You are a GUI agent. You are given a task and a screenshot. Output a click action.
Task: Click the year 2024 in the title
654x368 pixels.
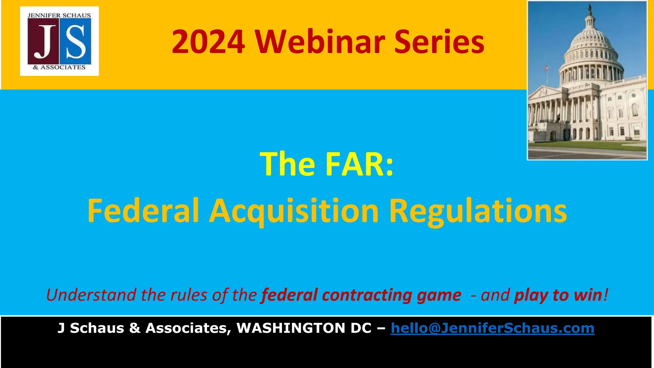[208, 42]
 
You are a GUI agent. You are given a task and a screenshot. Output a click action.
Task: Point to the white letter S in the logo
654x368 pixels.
[75, 42]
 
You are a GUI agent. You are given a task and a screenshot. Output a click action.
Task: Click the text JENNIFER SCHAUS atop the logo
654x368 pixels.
[59, 15]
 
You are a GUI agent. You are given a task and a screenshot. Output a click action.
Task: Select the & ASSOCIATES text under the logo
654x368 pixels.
[59, 67]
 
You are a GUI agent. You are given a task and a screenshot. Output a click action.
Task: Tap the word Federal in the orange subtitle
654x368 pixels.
[143, 211]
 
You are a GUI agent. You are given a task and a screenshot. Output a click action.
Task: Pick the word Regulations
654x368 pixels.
[478, 211]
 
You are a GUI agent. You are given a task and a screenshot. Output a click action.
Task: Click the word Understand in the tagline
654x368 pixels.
[91, 295]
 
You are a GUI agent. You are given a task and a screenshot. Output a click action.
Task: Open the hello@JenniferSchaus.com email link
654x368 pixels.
[492, 328]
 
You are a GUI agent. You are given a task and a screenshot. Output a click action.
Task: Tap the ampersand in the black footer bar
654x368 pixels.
[135, 328]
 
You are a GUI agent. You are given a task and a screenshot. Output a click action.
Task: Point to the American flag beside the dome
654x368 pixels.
[546, 68]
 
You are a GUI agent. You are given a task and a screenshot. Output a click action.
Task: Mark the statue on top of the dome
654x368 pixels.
[589, 10]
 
